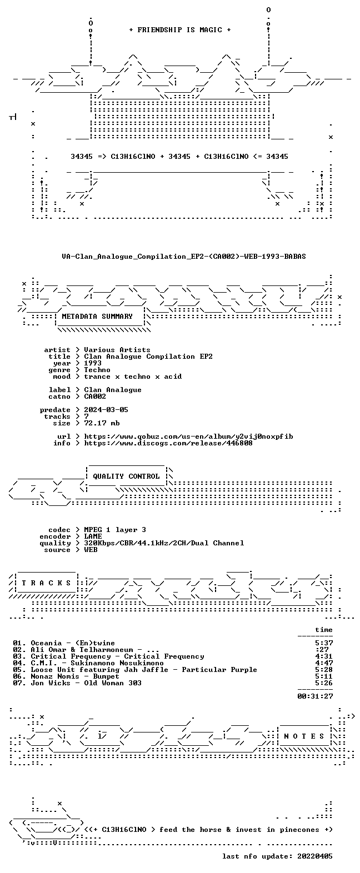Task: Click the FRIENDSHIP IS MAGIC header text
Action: coord(180,30)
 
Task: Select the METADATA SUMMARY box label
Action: coord(97,317)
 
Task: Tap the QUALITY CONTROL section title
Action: coord(126,476)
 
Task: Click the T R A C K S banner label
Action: coord(47,583)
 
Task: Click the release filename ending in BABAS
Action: coord(184,257)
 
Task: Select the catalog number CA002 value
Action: coord(95,397)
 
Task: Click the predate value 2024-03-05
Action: coord(106,410)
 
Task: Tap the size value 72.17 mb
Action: coord(102,423)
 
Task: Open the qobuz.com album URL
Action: coord(188,436)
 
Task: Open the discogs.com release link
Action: coord(168,443)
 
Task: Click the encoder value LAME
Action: coord(93,536)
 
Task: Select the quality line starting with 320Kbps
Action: coord(164,543)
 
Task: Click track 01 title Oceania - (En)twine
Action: coord(73,643)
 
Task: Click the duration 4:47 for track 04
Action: coord(324,663)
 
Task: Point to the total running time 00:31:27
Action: coord(315,696)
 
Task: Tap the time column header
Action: coord(324,630)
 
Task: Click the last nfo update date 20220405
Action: coord(315,856)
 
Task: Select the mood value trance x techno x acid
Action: coord(133,377)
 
